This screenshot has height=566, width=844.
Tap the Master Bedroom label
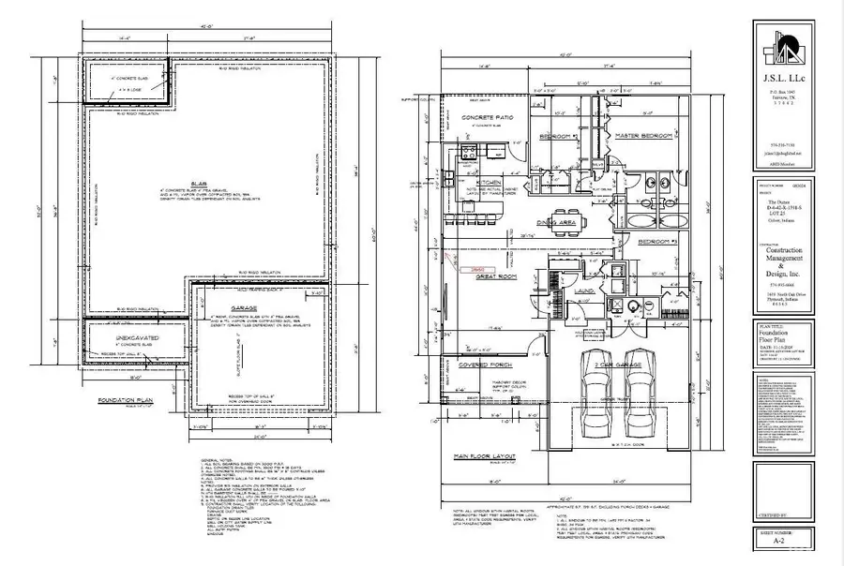tap(644, 137)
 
